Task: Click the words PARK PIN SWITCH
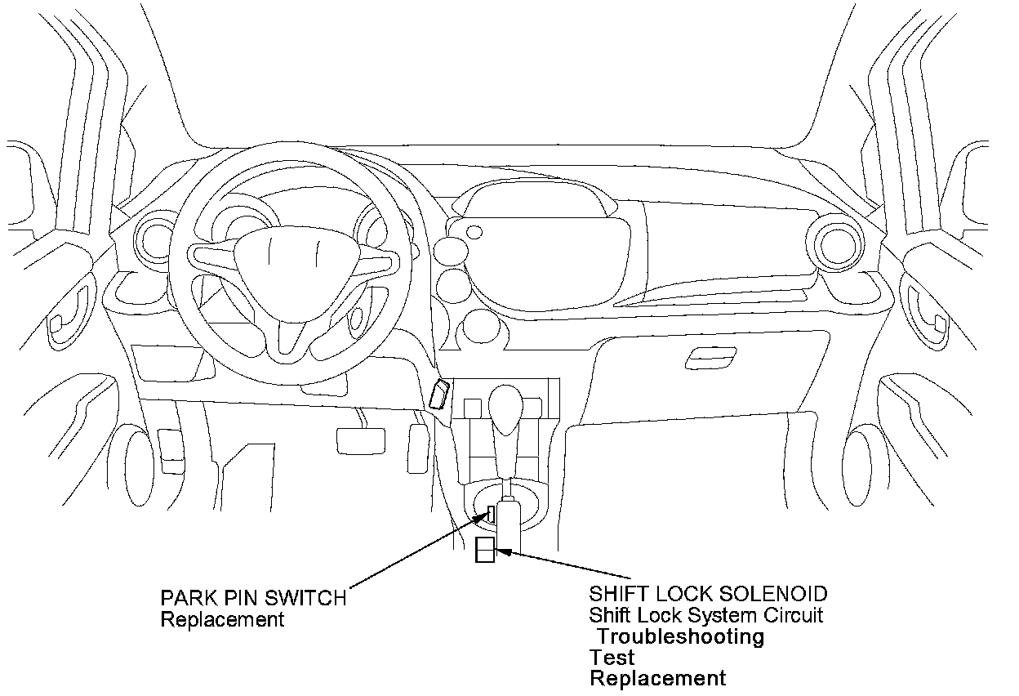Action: (253, 598)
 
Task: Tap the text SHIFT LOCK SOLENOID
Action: (708, 594)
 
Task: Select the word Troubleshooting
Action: (682, 636)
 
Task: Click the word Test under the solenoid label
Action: (612, 658)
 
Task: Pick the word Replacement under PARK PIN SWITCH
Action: (222, 619)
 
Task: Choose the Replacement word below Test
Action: (657, 678)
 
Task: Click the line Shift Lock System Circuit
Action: (706, 615)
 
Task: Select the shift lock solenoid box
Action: (485, 551)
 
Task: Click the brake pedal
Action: (359, 439)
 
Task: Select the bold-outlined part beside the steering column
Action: (439, 395)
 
